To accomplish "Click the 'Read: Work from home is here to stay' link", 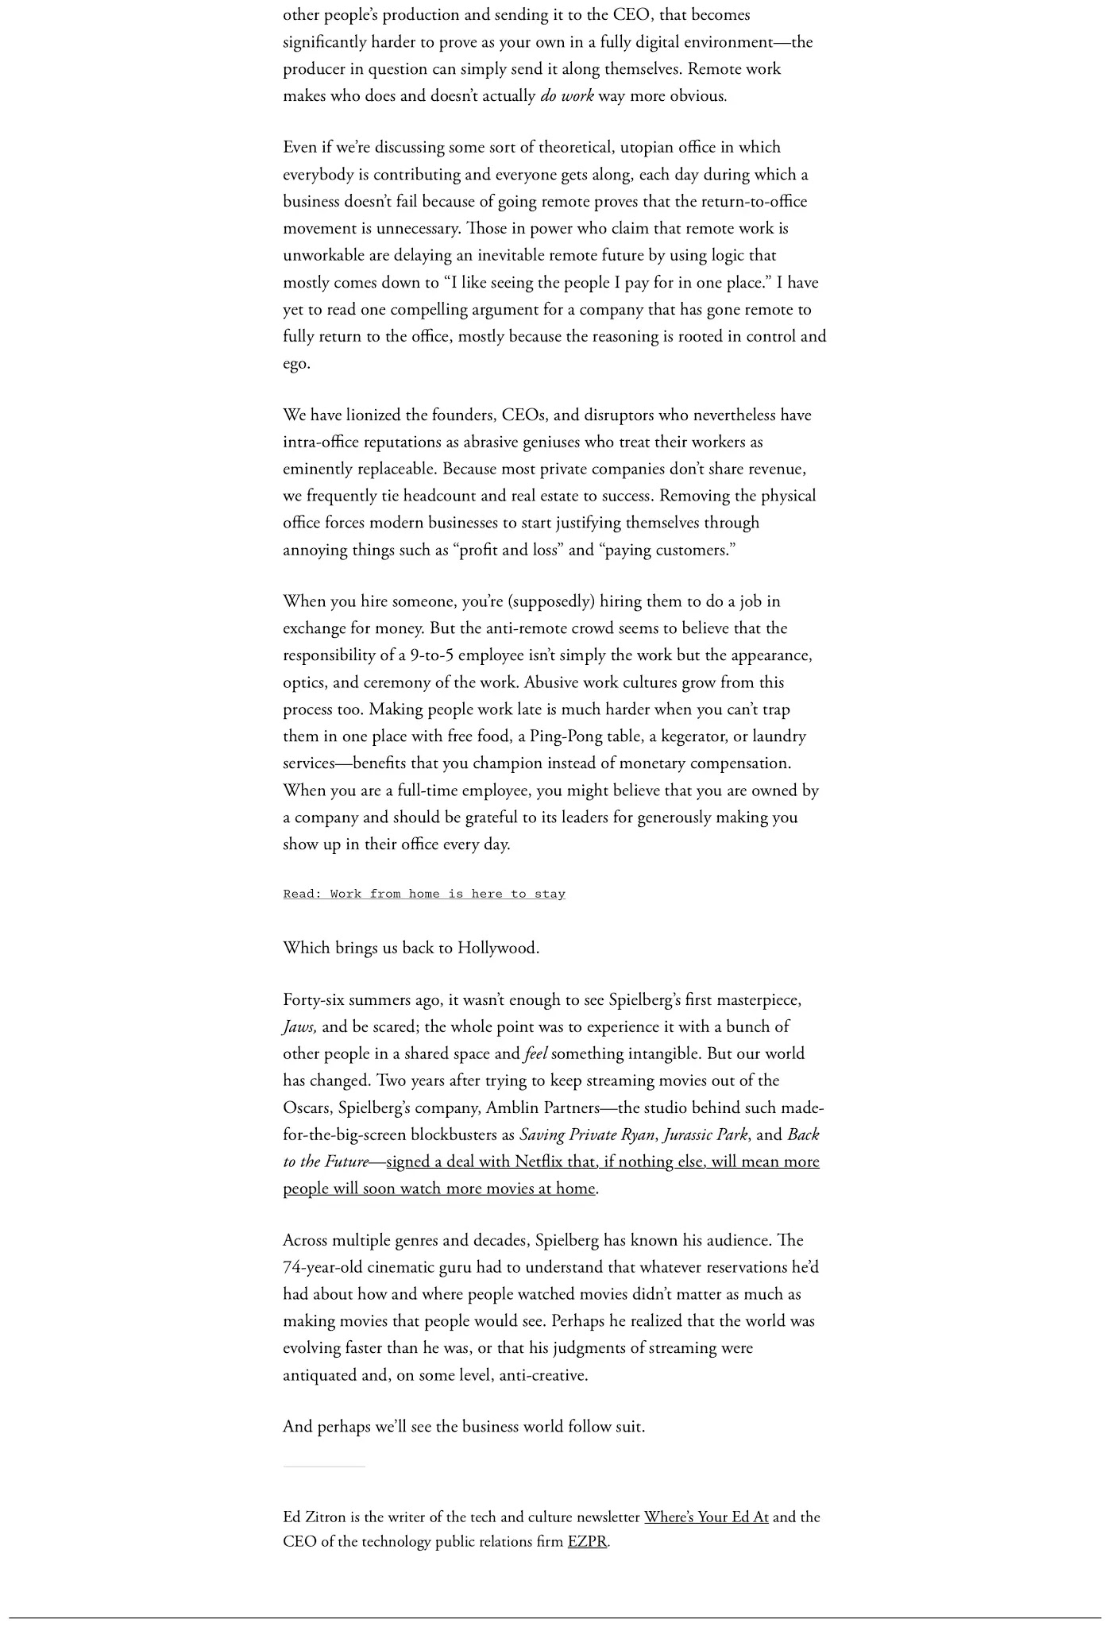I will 424,894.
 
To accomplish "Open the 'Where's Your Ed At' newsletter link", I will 705,1517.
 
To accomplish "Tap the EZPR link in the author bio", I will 587,1541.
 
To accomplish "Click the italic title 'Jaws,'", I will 299,1026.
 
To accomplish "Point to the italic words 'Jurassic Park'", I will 705,1134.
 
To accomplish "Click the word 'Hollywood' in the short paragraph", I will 497,948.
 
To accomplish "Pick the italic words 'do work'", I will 566,96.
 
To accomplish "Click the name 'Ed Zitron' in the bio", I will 314,1517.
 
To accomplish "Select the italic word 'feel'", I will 535,1053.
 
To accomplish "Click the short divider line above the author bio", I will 324,1467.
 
